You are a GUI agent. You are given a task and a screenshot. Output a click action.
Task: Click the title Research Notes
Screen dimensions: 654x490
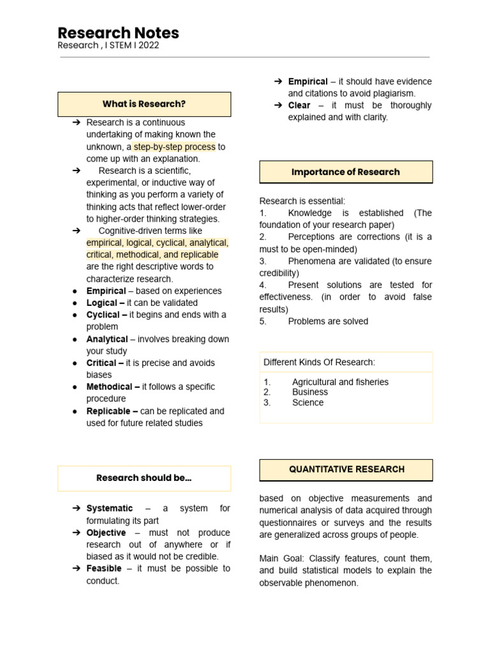[118, 33]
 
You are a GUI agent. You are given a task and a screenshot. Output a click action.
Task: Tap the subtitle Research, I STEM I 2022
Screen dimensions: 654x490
[108, 46]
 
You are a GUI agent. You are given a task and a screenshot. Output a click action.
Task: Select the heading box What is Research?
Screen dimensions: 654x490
[144, 104]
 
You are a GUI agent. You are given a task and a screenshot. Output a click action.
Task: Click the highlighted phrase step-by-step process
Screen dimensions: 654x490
[174, 147]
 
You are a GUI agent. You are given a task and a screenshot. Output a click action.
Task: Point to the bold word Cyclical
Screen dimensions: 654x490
[103, 315]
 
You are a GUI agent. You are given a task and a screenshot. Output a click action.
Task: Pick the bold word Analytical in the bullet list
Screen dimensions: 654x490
[107, 339]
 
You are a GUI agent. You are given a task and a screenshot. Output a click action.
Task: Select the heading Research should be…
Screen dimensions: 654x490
[144, 478]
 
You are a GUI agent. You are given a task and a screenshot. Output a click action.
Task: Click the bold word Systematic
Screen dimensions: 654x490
[110, 508]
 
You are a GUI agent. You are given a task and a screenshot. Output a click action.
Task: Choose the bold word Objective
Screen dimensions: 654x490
[107, 533]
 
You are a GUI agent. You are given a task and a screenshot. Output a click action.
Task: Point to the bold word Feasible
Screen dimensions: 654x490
[104, 568]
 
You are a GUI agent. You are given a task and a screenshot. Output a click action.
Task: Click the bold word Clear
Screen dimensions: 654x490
[299, 105]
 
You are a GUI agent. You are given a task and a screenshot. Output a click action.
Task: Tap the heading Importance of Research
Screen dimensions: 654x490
[346, 172]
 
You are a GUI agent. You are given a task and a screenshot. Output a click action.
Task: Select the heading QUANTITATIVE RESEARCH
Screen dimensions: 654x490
[346, 469]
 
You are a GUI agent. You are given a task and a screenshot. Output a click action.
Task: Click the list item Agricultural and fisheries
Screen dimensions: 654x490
[340, 382]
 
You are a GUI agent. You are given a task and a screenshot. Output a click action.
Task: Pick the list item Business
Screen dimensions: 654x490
[310, 392]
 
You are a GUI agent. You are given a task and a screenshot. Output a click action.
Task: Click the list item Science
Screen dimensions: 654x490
[308, 402]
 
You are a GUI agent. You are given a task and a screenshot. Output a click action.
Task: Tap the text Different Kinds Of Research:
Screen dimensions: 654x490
[320, 363]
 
